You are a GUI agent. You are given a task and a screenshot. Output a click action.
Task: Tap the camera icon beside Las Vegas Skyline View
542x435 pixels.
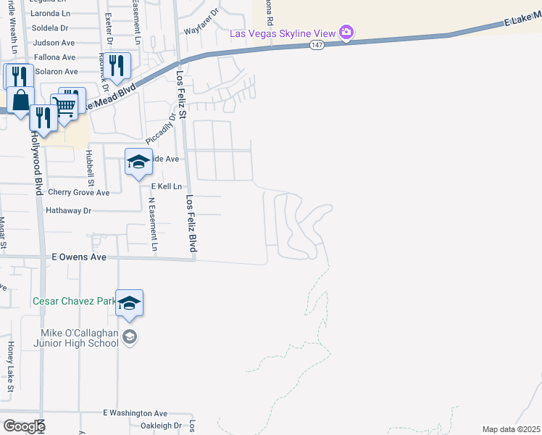pos(346,33)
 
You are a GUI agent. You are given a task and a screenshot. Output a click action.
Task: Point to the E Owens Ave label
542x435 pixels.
pos(79,257)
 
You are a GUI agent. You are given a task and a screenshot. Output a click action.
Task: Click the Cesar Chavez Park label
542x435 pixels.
pos(73,300)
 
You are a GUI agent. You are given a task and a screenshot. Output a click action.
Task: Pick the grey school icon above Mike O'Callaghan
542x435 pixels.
pos(129,336)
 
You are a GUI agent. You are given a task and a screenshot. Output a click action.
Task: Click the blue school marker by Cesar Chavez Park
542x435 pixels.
pos(129,303)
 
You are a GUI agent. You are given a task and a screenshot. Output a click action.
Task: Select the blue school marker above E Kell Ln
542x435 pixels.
pos(138,162)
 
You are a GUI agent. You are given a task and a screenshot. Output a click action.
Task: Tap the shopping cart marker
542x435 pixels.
pos(66,106)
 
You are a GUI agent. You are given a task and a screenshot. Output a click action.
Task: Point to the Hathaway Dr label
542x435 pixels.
pos(68,210)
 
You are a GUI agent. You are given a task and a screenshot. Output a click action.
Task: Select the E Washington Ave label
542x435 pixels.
pos(135,413)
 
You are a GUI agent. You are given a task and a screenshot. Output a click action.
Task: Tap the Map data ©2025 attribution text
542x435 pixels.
pos(510,429)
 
